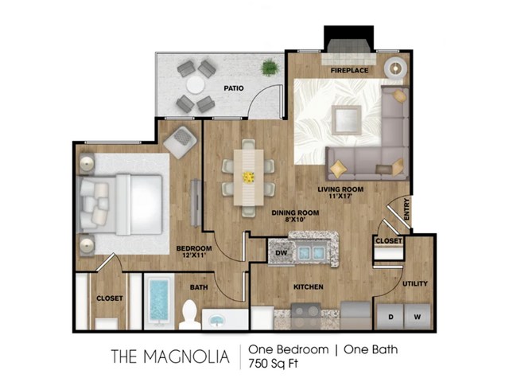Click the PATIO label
pyautogui.click(x=234, y=88)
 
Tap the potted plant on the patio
pyautogui.click(x=270, y=68)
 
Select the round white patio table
pyautogui.click(x=196, y=85)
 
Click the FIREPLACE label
pyautogui.click(x=349, y=70)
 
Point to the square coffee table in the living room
pyautogui.click(x=347, y=120)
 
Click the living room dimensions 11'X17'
pyautogui.click(x=340, y=197)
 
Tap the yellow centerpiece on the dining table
pyautogui.click(x=249, y=177)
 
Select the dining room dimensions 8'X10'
pyautogui.click(x=295, y=220)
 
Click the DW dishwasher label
pyautogui.click(x=281, y=252)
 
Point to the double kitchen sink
pyautogui.click(x=312, y=251)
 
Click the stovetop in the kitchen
pyautogui.click(x=305, y=316)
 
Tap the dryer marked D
pyautogui.click(x=390, y=317)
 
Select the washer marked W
pyautogui.click(x=417, y=317)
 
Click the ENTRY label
pyautogui.click(x=407, y=209)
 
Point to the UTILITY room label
pyautogui.click(x=415, y=283)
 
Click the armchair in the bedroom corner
pyautogui.click(x=181, y=142)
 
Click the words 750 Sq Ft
pyautogui.click(x=273, y=364)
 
